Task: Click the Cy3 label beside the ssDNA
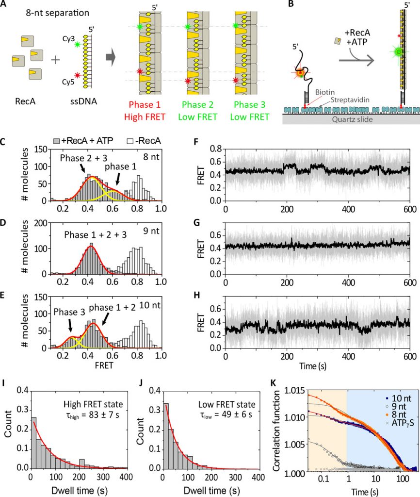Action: (68, 39)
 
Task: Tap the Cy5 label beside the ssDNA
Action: (68, 82)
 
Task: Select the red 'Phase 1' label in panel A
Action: (145, 105)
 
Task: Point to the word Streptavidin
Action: (350, 100)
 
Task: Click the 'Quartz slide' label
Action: (352, 119)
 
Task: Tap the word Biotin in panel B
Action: (324, 92)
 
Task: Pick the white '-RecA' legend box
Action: (130, 141)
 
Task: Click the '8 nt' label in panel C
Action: (151, 157)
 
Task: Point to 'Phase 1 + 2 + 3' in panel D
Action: (96, 235)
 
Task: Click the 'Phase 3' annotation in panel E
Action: (69, 312)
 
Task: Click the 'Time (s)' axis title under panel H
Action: (313, 366)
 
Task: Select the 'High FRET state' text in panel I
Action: (93, 404)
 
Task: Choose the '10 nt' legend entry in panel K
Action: (399, 398)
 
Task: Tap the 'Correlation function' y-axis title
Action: (276, 431)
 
